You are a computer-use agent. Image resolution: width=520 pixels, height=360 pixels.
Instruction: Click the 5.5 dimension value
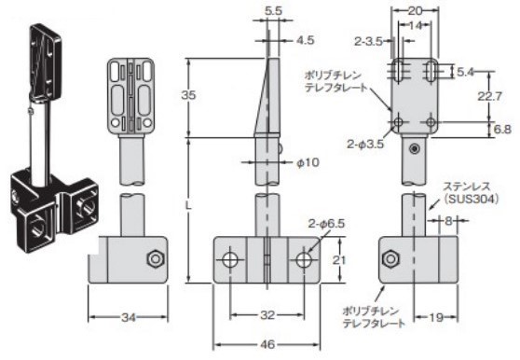[273, 11]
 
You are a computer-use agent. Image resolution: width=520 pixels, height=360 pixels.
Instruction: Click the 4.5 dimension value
[305, 40]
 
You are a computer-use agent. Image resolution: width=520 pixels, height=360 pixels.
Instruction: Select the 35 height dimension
[188, 95]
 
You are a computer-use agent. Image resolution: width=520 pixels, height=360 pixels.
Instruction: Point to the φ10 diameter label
[308, 162]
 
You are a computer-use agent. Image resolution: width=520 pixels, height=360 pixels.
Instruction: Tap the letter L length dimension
[188, 206]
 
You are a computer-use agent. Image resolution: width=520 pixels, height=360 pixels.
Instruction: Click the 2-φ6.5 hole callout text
[326, 224]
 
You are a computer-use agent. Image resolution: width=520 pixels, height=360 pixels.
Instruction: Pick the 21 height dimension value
[339, 260]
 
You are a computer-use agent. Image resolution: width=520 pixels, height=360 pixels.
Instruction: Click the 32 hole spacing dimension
[267, 314]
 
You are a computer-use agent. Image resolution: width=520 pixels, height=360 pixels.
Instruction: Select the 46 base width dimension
[267, 344]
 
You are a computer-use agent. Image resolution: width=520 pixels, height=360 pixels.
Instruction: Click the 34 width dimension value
[129, 317]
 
